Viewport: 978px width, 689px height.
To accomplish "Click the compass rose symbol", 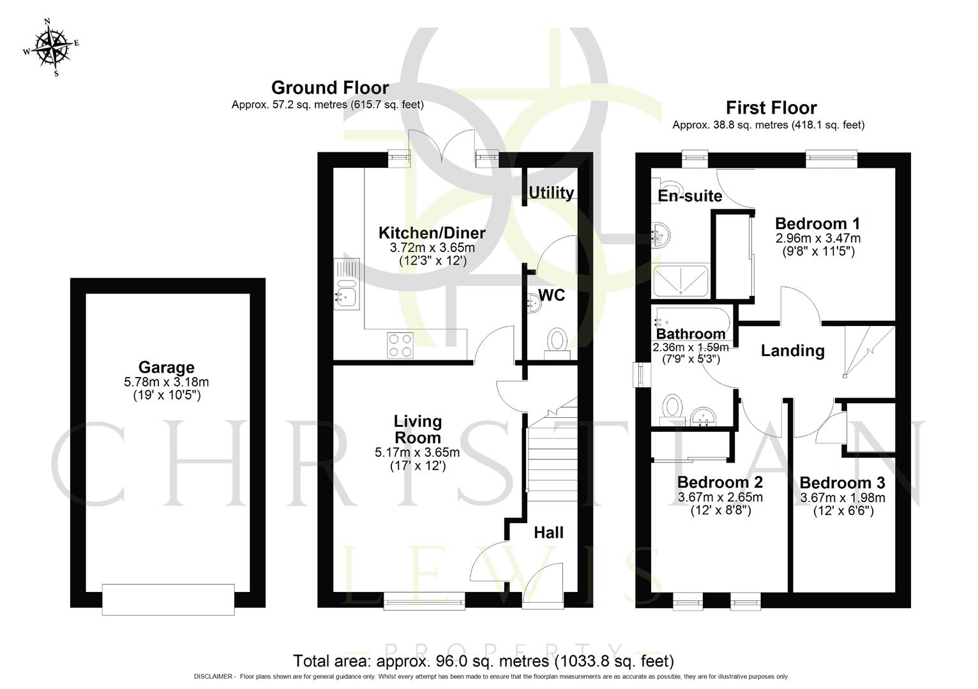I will (51, 47).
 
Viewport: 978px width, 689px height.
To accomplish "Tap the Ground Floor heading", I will (329, 87).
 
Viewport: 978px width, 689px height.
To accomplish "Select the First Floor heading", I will (771, 107).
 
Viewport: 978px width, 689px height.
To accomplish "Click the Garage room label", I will (166, 367).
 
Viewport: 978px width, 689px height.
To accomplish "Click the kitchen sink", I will (347, 294).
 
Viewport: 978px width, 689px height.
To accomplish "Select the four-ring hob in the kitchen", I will (400, 345).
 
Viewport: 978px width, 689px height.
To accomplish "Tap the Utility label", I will (551, 192).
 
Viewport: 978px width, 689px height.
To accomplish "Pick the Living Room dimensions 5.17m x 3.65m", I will (417, 452).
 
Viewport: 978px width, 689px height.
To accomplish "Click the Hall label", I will (548, 532).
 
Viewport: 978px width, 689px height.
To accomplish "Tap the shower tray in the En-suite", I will (681, 281).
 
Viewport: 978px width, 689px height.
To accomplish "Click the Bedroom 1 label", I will (817, 223).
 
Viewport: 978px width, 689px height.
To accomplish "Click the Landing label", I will (792, 350).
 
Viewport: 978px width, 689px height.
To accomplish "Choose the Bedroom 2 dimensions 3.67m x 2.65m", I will (720, 497).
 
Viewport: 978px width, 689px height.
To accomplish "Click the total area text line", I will (483, 661).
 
